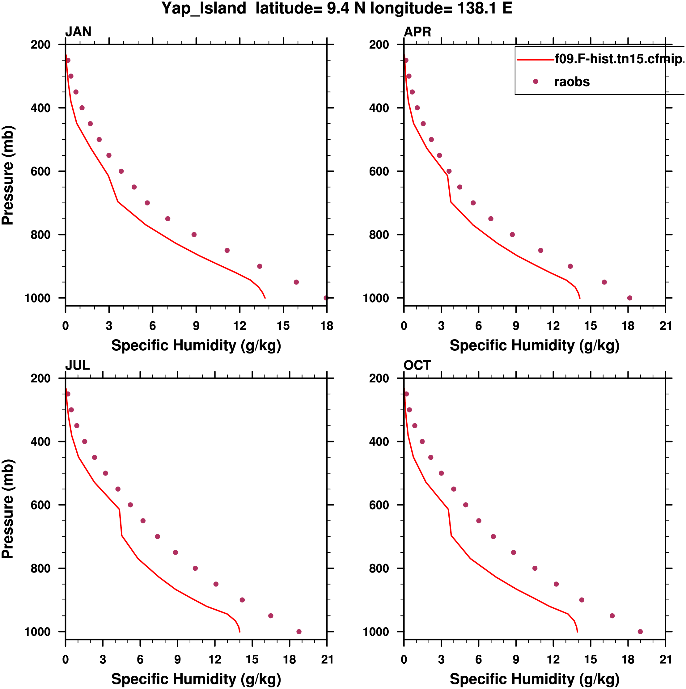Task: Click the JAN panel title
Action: [78, 32]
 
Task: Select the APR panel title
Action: [417, 32]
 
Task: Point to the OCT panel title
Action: [417, 365]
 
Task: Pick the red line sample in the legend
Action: [535, 60]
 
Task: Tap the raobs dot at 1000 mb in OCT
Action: [640, 631]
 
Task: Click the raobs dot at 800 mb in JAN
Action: [194, 235]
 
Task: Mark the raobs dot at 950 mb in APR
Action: [604, 282]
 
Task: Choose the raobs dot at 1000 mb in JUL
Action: [299, 631]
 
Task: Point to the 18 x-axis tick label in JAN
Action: [327, 326]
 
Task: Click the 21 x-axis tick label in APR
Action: [665, 326]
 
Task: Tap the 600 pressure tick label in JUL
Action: [40, 505]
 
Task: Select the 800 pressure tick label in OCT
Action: [379, 568]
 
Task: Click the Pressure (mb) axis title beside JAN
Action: [8, 175]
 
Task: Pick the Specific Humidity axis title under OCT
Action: [534, 679]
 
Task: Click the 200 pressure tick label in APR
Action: [379, 45]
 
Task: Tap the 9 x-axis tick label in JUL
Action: [177, 659]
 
